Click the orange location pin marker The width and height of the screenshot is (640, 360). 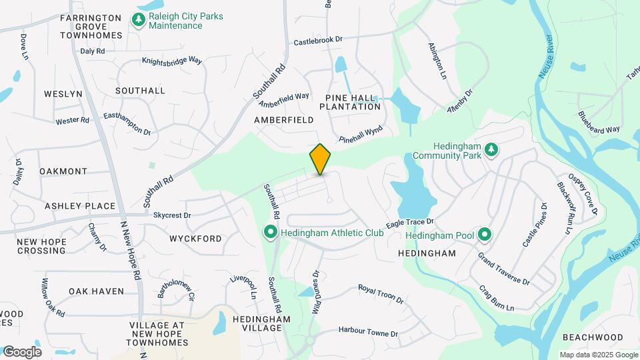(x=321, y=159)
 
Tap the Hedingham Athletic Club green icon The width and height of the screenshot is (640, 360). (x=271, y=233)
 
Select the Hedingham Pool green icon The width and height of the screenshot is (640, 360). (x=485, y=234)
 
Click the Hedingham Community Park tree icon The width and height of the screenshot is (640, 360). (x=491, y=149)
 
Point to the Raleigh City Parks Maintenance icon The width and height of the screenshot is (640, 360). (x=139, y=20)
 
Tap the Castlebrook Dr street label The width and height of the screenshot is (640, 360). (x=318, y=41)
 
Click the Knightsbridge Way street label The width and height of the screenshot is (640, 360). (x=172, y=61)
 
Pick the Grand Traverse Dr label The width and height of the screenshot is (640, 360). (x=504, y=269)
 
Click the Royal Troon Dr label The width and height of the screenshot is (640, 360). (x=381, y=293)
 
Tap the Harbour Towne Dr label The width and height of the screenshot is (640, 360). (x=367, y=331)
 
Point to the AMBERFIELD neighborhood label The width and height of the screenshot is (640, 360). (x=283, y=120)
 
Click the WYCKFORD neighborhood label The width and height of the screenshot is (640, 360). (x=195, y=238)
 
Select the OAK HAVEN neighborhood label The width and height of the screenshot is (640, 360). (x=96, y=291)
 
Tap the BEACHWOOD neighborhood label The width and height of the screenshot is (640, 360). (x=592, y=337)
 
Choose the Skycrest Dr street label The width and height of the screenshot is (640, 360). (x=172, y=215)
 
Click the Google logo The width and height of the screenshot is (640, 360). (x=21, y=352)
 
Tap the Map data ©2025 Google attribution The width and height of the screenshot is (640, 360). (x=598, y=355)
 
